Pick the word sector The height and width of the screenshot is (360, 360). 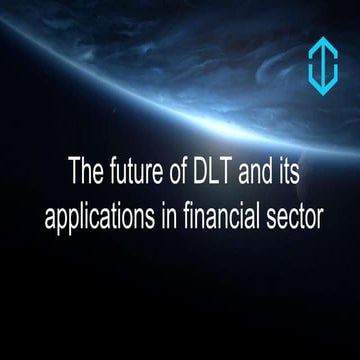click(x=289, y=217)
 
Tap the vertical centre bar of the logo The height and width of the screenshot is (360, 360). click(x=322, y=68)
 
